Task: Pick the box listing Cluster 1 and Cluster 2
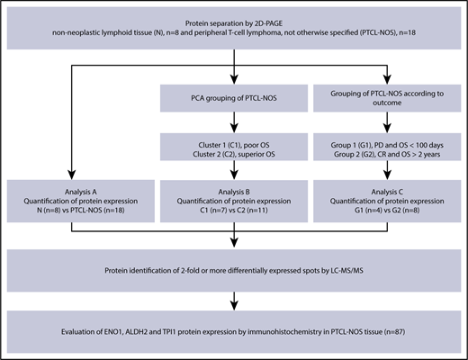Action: [234, 148]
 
